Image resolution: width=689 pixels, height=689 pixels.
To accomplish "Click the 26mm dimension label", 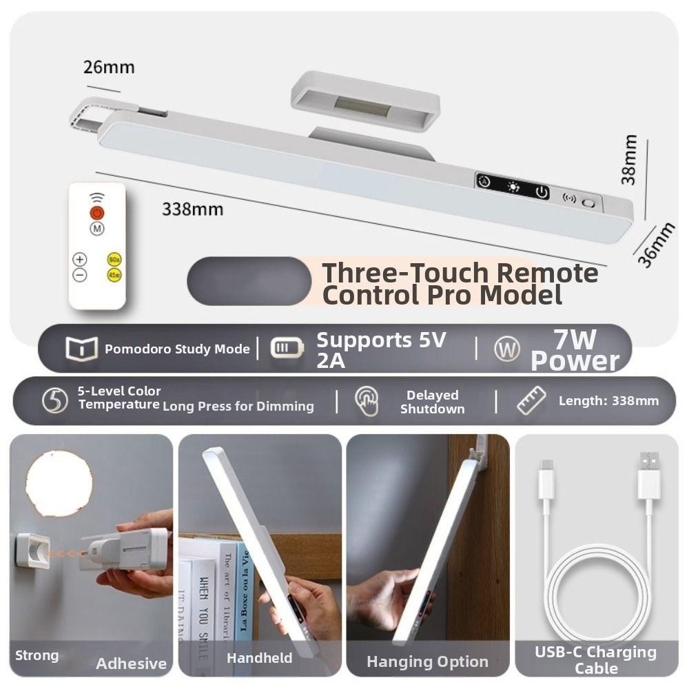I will click(x=109, y=68).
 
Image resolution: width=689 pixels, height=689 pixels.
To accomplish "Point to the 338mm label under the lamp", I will click(x=192, y=209).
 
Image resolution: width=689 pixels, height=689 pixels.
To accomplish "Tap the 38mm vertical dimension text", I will click(x=628, y=159).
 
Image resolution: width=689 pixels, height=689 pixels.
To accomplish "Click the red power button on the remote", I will click(x=97, y=213).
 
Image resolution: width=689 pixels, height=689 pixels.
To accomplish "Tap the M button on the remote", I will click(x=97, y=228).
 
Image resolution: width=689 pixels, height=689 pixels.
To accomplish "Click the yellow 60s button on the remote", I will click(x=114, y=260).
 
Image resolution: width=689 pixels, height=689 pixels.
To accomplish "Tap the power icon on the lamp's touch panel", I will click(x=542, y=192).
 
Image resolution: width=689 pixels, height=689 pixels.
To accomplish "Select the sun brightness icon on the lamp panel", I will click(x=513, y=187).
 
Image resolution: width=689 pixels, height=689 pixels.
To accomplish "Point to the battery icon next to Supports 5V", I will click(x=286, y=348).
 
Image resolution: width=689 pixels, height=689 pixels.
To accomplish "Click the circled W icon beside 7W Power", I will click(x=506, y=349).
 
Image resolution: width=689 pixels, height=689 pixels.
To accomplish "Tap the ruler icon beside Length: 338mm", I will click(x=531, y=400).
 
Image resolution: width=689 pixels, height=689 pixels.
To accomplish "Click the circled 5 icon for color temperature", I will click(x=55, y=400).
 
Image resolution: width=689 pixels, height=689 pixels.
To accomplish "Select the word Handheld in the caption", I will click(x=259, y=658).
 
